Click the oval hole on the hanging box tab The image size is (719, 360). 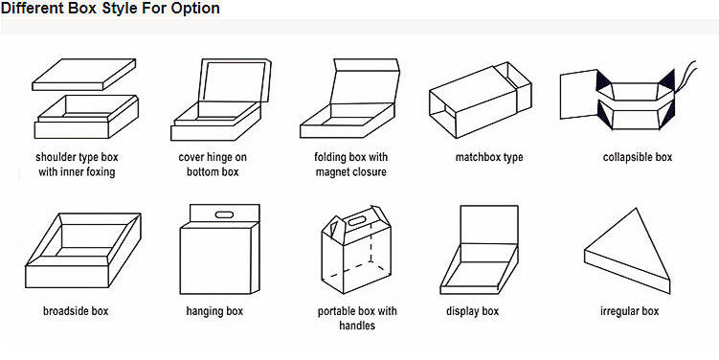224,214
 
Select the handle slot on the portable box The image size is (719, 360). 356,221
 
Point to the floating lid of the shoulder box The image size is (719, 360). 84,75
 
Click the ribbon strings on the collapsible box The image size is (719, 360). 686,73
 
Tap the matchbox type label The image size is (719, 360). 489,157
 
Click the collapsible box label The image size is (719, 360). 638,157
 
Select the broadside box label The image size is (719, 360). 76,311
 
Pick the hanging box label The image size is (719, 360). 214,311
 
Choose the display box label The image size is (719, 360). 472,311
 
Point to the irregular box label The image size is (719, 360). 630,311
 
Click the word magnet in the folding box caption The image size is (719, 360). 331,172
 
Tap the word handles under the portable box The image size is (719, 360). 357,326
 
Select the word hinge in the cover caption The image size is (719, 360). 219,157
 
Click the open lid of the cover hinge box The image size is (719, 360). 235,79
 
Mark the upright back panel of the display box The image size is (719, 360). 489,225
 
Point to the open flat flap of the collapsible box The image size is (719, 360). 578,95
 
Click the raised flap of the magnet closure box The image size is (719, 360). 365,81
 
